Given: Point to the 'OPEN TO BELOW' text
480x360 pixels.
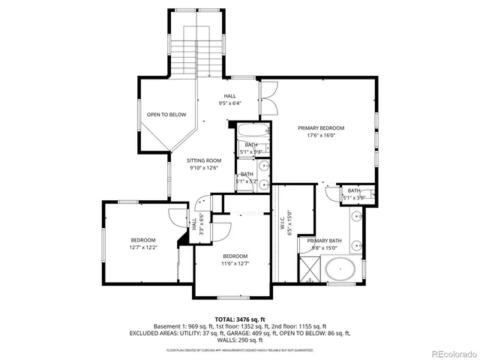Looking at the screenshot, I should click(x=166, y=115).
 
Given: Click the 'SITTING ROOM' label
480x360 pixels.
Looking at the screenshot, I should click(x=204, y=160).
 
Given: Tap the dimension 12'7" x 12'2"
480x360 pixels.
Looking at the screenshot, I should click(x=143, y=247).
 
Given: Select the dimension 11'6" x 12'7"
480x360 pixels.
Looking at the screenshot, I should click(x=235, y=263).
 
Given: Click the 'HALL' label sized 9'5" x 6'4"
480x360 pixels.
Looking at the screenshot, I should click(x=230, y=96).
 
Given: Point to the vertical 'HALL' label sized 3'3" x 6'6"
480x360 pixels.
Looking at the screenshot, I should click(x=193, y=223).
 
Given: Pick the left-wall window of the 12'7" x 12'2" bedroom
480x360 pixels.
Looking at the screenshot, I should click(x=103, y=244).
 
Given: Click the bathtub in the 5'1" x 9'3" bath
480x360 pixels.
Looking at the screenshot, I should click(x=250, y=148).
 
